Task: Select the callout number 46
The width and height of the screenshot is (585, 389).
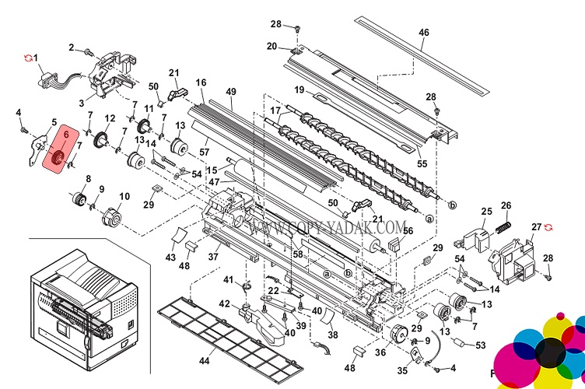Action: point(424,33)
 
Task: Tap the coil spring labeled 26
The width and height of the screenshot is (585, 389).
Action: point(504,228)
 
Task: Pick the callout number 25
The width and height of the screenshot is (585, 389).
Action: point(486,212)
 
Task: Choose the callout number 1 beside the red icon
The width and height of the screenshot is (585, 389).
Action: point(35,58)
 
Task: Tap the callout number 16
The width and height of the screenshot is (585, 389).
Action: point(201,82)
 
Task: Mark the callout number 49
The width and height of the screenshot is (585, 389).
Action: point(231,92)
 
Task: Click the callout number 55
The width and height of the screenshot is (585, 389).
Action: point(422,165)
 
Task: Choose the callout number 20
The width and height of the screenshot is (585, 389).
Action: point(271,47)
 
